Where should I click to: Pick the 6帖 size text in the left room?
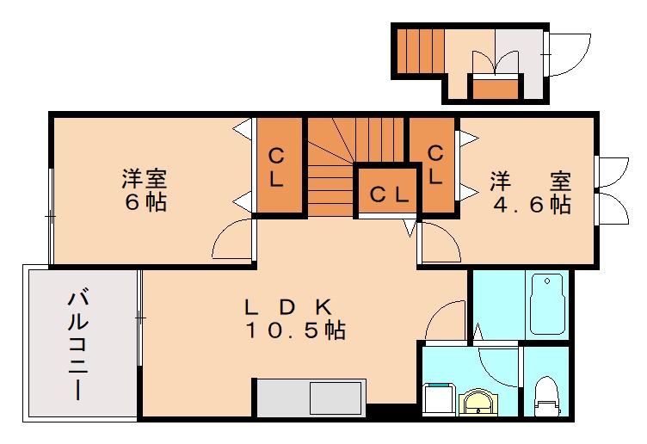[144, 203]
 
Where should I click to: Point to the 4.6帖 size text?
[531, 207]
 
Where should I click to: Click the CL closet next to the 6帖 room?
[277, 167]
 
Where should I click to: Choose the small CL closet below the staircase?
[388, 194]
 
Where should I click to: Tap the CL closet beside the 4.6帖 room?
[435, 165]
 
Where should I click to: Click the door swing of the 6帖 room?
[232, 239]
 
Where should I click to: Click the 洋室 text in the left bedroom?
[144, 180]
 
